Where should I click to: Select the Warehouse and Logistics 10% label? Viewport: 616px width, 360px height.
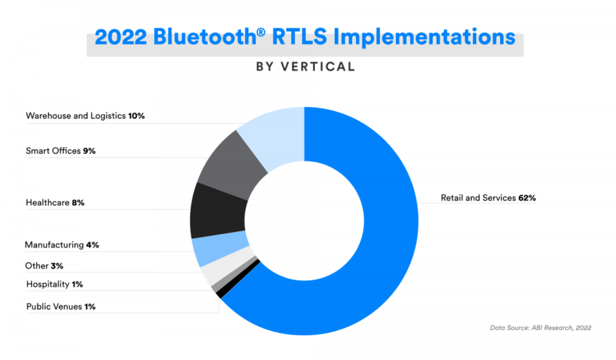(85, 116)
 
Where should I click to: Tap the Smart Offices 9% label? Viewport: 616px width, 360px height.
(61, 151)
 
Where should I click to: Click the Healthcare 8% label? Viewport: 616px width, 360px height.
(55, 203)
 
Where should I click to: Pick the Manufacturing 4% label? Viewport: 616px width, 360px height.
(62, 245)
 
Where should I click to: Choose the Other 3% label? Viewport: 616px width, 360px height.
(44, 266)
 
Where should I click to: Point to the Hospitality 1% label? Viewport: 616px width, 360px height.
(54, 284)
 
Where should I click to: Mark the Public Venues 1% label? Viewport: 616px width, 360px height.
(61, 307)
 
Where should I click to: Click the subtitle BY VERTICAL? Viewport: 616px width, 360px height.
(305, 67)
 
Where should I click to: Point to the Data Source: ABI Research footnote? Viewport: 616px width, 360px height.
(541, 327)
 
